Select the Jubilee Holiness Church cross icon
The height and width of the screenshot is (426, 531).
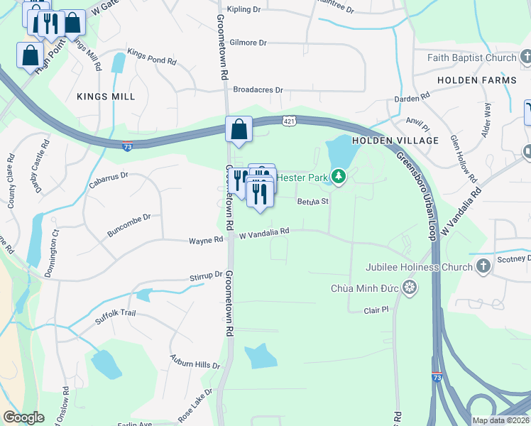483,267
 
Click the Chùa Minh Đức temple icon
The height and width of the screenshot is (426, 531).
409,288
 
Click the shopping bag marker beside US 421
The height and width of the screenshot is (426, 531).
239,130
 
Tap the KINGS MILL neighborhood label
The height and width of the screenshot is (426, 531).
106,96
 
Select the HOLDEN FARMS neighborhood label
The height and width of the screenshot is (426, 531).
476,80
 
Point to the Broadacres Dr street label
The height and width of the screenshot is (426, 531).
258,90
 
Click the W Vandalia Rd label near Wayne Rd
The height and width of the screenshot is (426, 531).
265,232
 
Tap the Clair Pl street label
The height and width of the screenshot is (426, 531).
376,310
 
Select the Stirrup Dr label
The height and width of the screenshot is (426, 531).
207,275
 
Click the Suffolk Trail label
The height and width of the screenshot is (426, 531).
115,317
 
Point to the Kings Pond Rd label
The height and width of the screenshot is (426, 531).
151,58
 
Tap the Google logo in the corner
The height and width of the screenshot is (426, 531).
23,417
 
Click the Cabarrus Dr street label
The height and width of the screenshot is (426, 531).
108,180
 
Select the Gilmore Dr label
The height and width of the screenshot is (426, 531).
248,43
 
